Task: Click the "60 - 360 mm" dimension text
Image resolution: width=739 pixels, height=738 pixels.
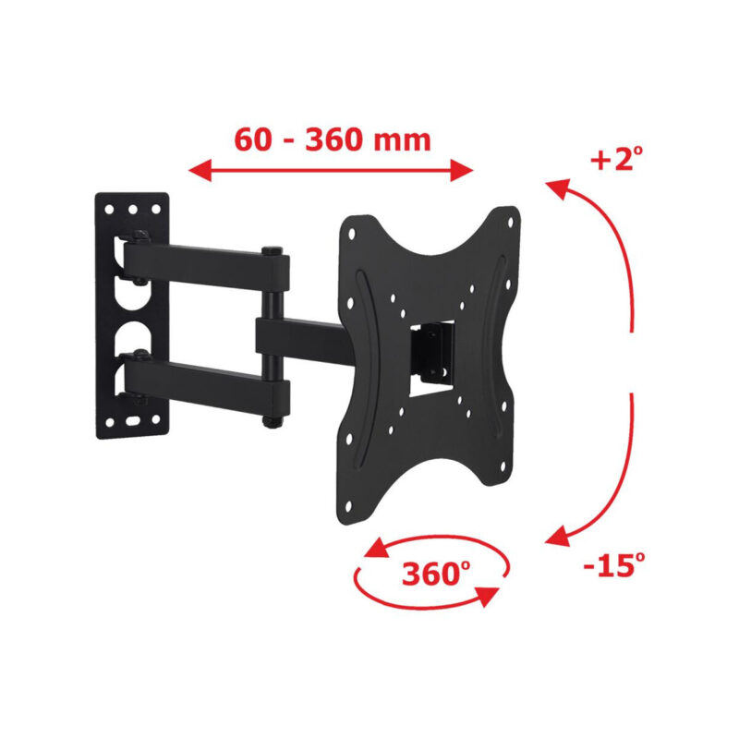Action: pos(333,140)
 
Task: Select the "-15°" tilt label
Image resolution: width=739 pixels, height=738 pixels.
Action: pos(612,563)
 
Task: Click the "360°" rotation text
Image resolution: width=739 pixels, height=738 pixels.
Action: pos(430,575)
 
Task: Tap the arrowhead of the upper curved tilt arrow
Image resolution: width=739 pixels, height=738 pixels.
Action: pos(554,188)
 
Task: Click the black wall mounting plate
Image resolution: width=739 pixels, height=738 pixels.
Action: pos(133,314)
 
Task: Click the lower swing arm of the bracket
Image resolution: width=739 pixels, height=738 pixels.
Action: pos(208,381)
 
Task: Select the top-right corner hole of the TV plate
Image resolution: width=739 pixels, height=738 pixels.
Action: pos(507,219)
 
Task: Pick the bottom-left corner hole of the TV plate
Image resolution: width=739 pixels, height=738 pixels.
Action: pos(349,503)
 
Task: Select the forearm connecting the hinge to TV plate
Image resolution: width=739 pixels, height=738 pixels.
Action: pos(305,337)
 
